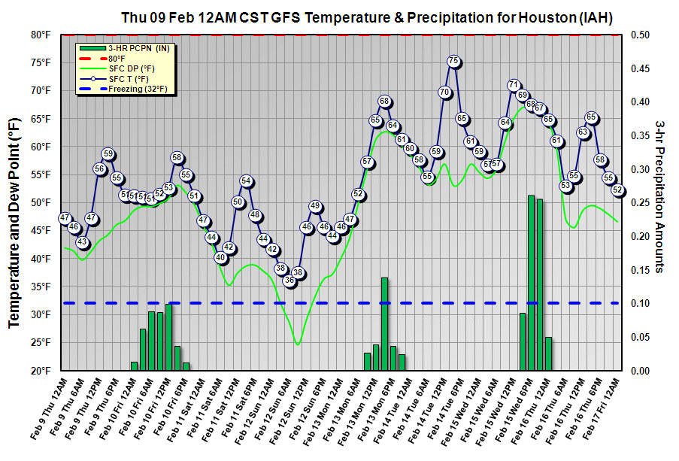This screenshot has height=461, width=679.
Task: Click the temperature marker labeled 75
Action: coord(453,61)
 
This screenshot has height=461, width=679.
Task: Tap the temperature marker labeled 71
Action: coord(514,85)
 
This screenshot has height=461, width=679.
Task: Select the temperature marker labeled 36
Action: coord(289,281)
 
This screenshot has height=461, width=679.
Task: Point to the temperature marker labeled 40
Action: coord(220,258)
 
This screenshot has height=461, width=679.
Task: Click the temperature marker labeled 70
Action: coord(444,93)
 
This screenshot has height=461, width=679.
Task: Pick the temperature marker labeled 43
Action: coord(83,242)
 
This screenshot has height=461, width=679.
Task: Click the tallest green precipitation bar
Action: coord(531,282)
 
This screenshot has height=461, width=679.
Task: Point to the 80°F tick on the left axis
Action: coord(41,35)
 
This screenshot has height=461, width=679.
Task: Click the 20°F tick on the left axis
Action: coord(41,371)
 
